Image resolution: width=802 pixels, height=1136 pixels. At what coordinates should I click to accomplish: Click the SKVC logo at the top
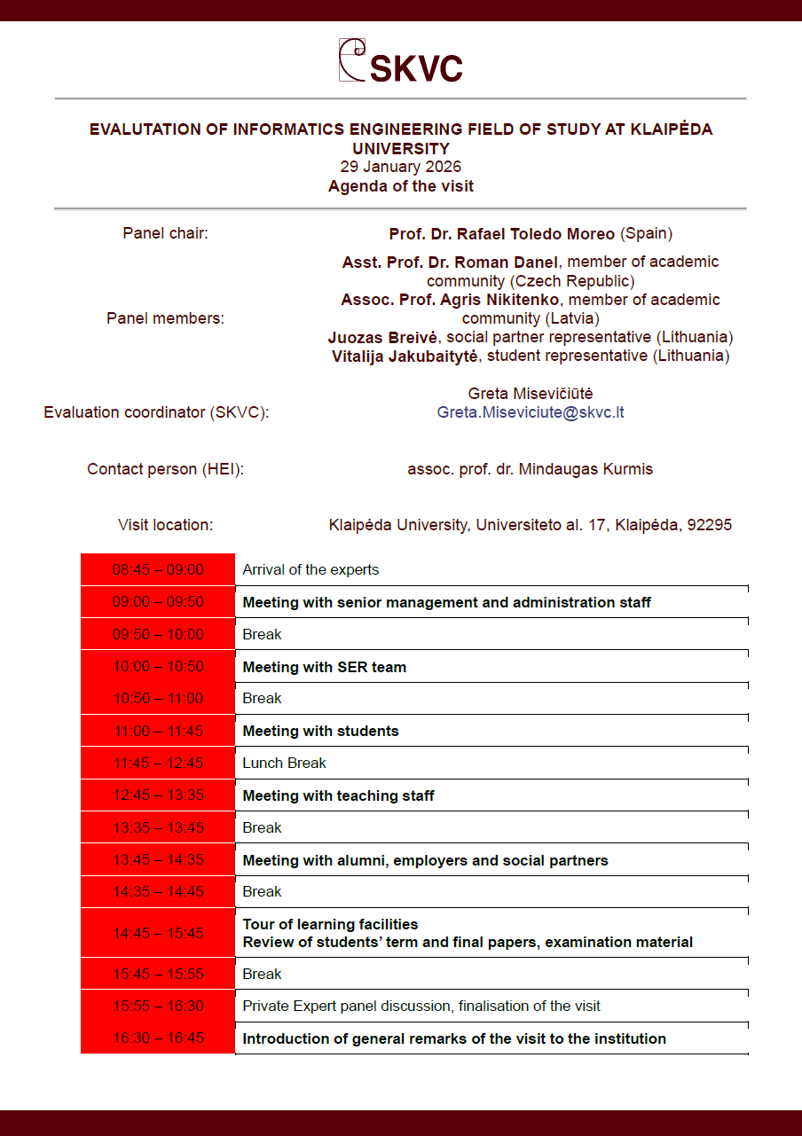[x=401, y=61]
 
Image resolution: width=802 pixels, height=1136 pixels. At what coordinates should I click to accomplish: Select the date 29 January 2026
[x=401, y=167]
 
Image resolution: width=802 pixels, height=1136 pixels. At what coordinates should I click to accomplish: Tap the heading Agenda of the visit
[x=401, y=186]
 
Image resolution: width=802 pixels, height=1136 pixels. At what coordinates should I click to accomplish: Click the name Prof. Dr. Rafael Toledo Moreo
[x=501, y=234]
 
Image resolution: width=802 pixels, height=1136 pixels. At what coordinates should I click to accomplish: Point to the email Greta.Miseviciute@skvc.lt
[x=531, y=412]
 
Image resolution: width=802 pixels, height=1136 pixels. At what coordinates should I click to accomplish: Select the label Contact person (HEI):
[x=165, y=469]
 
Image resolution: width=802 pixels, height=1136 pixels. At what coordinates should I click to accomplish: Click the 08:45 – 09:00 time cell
[x=158, y=569]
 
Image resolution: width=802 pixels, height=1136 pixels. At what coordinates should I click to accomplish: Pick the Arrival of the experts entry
[x=311, y=569]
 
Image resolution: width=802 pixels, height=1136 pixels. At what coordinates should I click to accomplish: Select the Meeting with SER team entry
[x=324, y=667]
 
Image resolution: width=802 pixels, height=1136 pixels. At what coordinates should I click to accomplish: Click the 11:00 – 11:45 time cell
[x=158, y=731]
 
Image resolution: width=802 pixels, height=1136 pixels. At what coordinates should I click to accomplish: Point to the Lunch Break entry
[x=284, y=763]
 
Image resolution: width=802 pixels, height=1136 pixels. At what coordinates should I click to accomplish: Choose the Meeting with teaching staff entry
[x=338, y=795]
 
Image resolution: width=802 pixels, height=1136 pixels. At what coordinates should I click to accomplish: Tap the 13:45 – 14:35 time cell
[x=158, y=860]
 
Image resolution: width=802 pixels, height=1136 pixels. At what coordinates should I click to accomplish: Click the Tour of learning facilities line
[x=330, y=924]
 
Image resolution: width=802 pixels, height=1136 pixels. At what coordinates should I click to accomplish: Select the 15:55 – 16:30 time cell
[x=158, y=1006]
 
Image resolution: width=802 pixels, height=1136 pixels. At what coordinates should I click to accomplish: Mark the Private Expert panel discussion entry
[x=421, y=1006]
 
